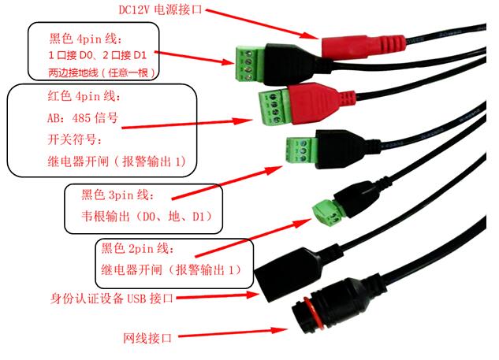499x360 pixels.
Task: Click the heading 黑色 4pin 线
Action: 86,38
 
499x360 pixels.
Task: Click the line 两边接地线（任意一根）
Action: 99,73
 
